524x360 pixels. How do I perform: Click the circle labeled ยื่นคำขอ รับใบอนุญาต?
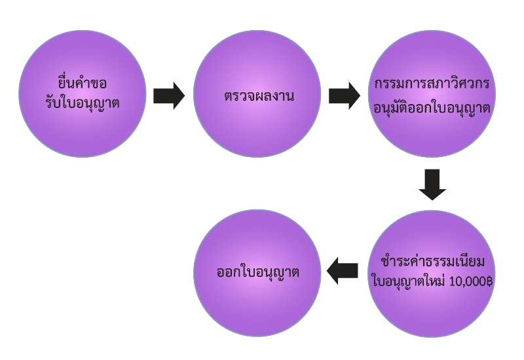pyautogui.click(x=83, y=94)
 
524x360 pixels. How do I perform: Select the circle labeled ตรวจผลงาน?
pyautogui.click(x=257, y=94)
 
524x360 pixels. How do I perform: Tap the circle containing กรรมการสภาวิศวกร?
pyautogui.click(x=432, y=94)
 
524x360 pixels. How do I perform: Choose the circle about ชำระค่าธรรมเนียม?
pyautogui.click(x=432, y=273)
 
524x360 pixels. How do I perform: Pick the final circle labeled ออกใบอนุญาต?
pyautogui.click(x=257, y=273)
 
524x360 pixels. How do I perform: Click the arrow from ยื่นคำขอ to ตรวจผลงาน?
pyautogui.click(x=169, y=96)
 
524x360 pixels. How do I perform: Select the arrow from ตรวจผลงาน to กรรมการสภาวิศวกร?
pyautogui.click(x=345, y=96)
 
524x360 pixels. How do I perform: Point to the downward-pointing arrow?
pyautogui.click(x=432, y=185)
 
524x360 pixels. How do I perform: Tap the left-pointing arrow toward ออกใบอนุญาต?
pyautogui.click(x=342, y=271)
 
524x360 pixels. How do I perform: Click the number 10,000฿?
pyautogui.click(x=471, y=281)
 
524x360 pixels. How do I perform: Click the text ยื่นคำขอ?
pyautogui.click(x=83, y=82)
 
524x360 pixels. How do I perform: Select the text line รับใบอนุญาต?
pyautogui.click(x=83, y=103)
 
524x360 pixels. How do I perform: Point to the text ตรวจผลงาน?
pyautogui.click(x=259, y=96)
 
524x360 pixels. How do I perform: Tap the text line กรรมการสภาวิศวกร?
pyautogui.click(x=432, y=84)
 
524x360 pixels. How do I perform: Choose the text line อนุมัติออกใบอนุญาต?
pyautogui.click(x=432, y=107)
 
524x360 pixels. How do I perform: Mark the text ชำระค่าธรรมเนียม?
pyautogui.click(x=432, y=261)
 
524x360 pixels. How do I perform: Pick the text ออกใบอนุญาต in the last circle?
pyautogui.click(x=257, y=272)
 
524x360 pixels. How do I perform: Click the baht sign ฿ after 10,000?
pyautogui.click(x=489, y=281)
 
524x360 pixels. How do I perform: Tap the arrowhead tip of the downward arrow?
pyautogui.click(x=432, y=200)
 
